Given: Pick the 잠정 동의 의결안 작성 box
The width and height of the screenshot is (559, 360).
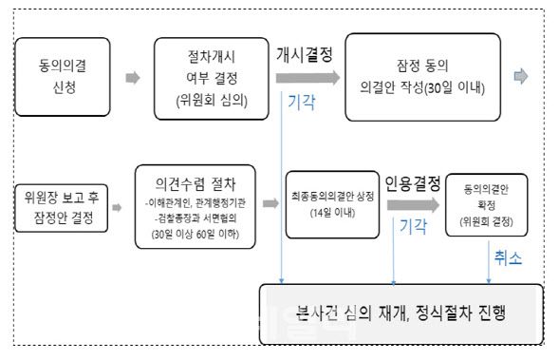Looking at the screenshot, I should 421,76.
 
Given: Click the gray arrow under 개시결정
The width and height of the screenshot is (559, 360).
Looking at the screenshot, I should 304,77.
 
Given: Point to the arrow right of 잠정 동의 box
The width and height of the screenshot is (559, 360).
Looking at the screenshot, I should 520,77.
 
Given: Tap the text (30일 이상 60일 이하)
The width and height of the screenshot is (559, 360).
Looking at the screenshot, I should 195,235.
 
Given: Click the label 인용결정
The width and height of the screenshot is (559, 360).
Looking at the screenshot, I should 411,180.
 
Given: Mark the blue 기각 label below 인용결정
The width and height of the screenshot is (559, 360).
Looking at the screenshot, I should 412,227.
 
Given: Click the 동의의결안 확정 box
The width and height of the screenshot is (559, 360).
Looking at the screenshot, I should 487,204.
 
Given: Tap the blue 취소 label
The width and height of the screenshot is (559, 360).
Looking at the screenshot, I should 507,256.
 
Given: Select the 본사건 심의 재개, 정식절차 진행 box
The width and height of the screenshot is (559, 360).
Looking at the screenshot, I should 400,313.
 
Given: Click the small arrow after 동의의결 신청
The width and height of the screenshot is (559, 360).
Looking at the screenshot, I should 132,77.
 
